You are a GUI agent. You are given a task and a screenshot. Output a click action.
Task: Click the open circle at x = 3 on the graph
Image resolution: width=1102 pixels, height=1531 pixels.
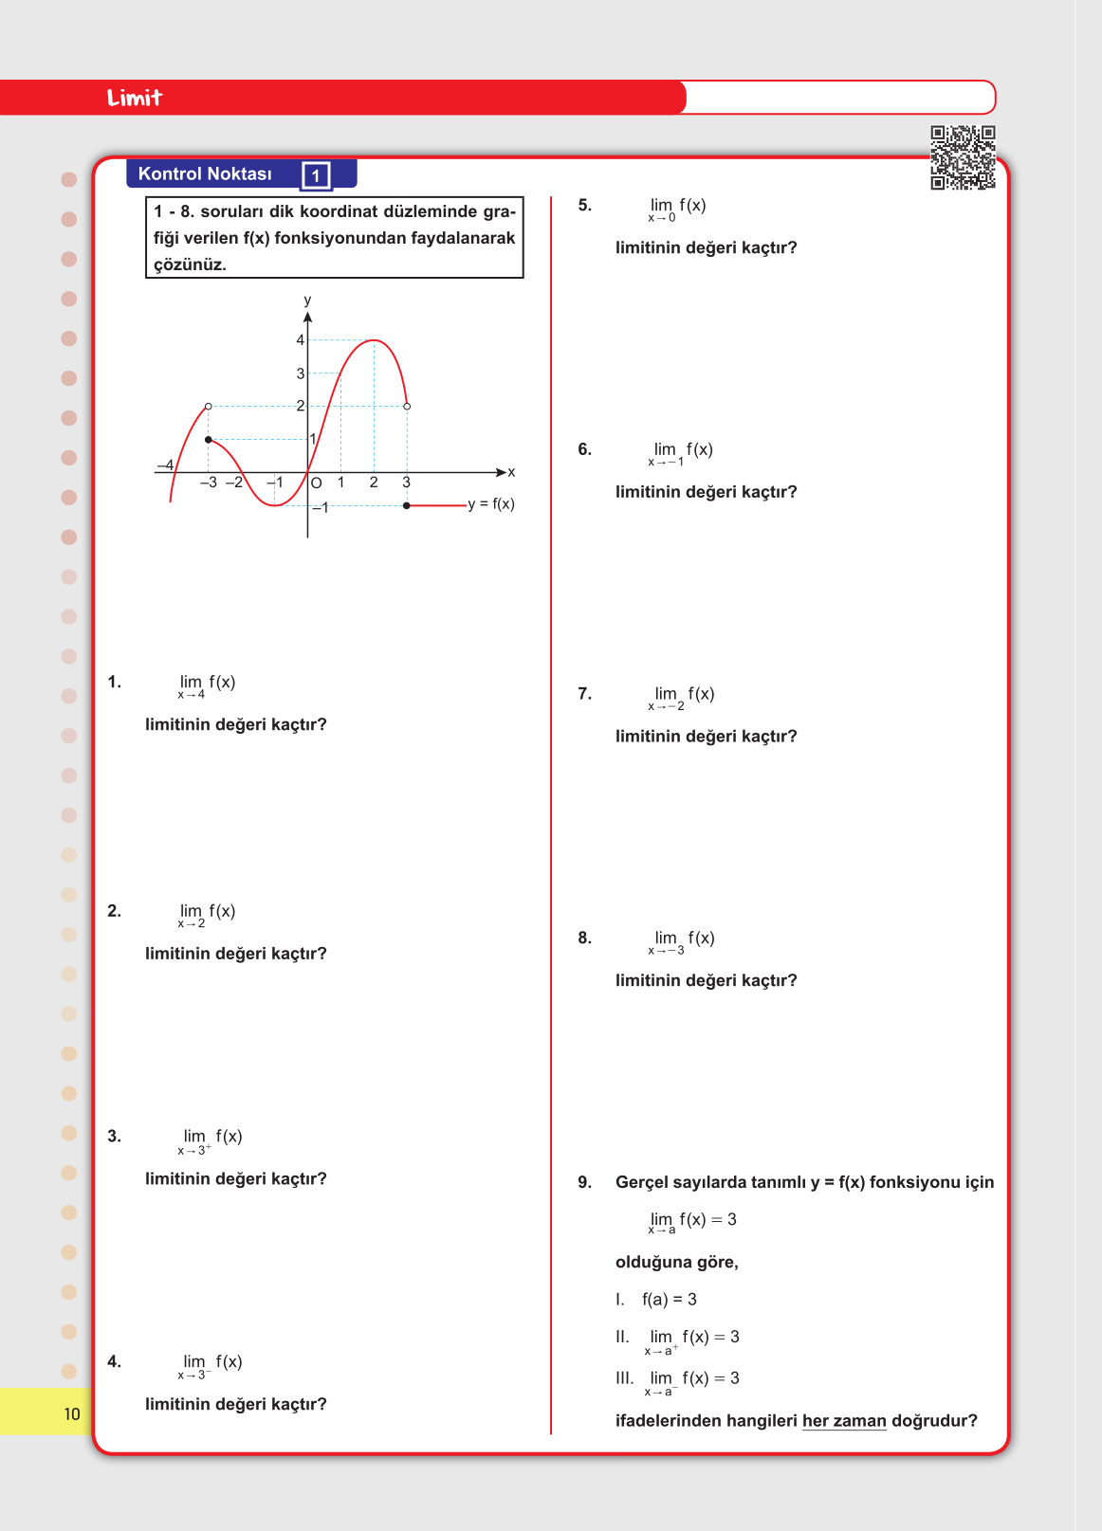tap(407, 406)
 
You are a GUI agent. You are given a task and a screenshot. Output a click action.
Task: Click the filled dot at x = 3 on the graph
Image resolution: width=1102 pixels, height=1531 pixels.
tap(407, 505)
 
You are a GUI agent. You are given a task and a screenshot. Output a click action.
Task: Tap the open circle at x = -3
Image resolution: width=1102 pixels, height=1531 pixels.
tap(209, 406)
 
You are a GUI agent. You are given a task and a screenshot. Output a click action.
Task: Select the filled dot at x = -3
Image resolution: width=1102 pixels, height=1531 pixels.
tap(209, 440)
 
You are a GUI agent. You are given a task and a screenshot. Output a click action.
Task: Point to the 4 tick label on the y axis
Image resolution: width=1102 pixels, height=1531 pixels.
tap(301, 339)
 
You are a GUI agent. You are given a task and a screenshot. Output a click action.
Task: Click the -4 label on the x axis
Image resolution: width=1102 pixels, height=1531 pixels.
tap(165, 465)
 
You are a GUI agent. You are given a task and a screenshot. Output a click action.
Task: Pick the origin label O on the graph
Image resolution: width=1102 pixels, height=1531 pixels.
tap(317, 483)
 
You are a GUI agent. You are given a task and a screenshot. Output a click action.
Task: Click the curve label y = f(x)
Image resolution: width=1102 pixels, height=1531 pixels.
tap(491, 503)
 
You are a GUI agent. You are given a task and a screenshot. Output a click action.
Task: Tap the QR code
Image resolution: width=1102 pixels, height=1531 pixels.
tap(963, 157)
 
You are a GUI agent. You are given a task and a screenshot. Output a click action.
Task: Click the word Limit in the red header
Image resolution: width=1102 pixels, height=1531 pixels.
tap(135, 98)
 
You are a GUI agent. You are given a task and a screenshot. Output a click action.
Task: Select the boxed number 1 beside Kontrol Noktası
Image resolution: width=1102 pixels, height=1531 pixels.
tap(316, 175)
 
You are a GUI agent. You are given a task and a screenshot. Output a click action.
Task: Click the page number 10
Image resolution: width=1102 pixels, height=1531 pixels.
tap(72, 1414)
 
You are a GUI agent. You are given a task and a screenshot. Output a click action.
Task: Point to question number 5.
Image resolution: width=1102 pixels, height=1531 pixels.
tap(584, 205)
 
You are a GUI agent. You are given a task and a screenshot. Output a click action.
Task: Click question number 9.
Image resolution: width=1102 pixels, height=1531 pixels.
tap(584, 1182)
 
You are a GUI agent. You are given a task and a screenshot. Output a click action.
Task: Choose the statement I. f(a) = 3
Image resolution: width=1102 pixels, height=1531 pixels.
tap(656, 1299)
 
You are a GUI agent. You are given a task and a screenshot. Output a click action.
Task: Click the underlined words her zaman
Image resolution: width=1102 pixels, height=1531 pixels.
tap(844, 1420)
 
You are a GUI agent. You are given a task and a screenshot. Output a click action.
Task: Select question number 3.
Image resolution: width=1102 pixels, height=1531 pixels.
tap(114, 1136)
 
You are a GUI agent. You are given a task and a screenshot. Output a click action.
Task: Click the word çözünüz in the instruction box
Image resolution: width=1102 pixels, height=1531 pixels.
tap(190, 264)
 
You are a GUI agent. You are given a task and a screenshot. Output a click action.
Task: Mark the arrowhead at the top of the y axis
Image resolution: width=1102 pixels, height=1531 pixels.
tap(307, 317)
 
